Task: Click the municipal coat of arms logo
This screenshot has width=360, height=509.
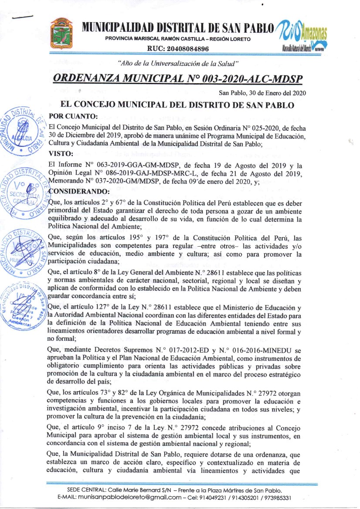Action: click(x=61, y=33)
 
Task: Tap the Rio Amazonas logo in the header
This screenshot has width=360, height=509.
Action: click(x=301, y=34)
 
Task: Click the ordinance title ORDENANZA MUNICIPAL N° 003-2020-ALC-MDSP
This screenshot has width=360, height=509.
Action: click(x=177, y=79)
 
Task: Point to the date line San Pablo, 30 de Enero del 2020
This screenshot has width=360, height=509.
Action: click(x=262, y=93)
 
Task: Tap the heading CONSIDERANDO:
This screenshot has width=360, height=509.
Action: click(x=78, y=191)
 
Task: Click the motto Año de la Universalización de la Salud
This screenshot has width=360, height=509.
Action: click(x=179, y=64)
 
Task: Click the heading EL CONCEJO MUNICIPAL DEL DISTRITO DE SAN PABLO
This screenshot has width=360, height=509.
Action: click(x=179, y=105)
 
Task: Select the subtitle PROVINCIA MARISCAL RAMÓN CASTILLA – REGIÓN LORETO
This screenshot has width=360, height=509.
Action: click(x=178, y=40)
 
